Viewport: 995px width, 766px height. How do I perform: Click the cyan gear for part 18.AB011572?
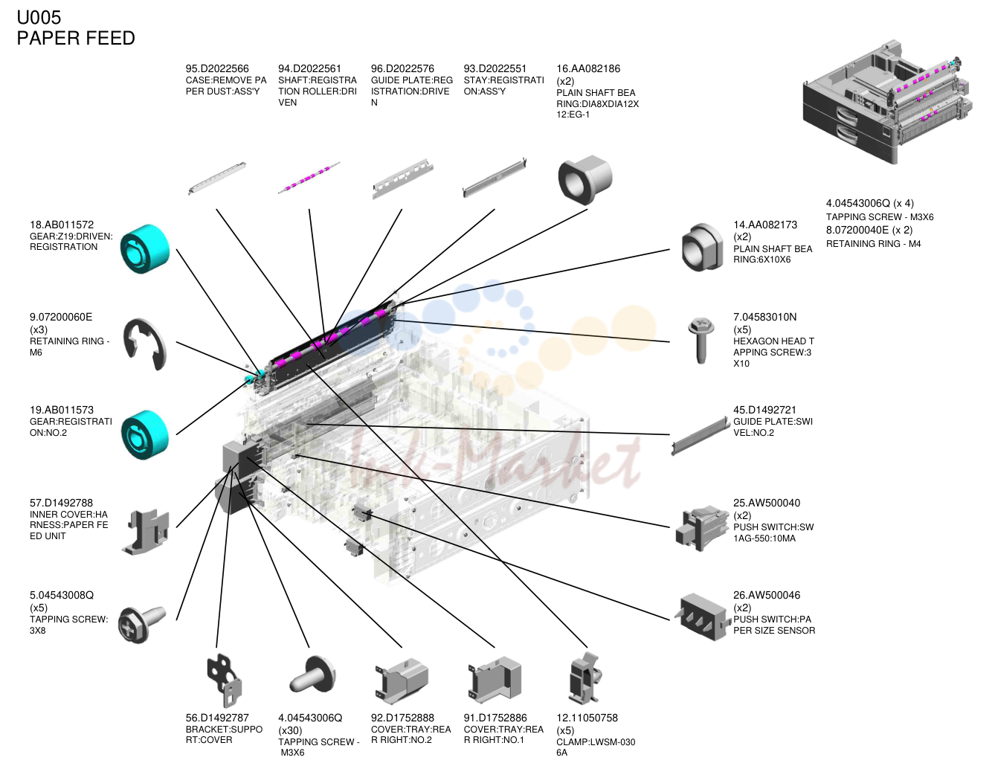pos(145,248)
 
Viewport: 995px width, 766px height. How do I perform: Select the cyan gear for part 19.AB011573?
pos(145,434)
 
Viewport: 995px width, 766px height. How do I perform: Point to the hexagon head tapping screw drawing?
pos(701,341)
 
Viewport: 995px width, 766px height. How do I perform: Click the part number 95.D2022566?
pos(217,68)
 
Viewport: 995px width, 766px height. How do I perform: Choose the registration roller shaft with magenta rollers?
pos(309,178)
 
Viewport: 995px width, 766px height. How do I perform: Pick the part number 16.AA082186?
pos(588,68)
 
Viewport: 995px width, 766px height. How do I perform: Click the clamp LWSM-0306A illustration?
pos(585,679)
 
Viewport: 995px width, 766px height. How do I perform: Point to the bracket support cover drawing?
pos(224,680)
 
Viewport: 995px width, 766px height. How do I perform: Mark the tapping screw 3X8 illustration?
pos(141,624)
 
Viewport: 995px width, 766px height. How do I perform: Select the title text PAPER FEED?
pos(76,38)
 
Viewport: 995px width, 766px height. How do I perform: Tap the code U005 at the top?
pos(39,17)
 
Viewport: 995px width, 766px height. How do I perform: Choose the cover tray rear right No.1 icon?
pos(495,680)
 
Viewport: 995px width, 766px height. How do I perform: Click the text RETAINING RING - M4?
pos(873,244)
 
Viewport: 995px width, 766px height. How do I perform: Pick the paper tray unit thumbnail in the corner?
pos(887,102)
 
